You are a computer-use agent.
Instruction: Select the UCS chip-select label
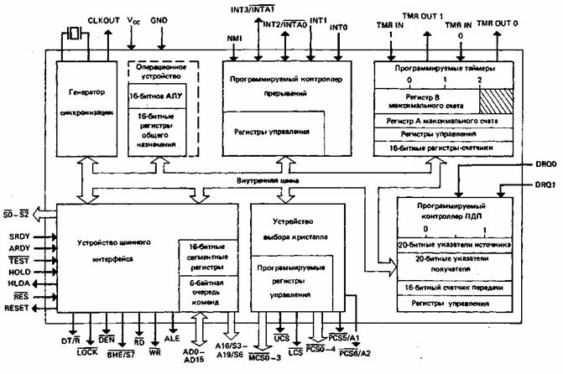[x=281, y=338]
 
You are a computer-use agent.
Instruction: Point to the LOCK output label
[x=88, y=353]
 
